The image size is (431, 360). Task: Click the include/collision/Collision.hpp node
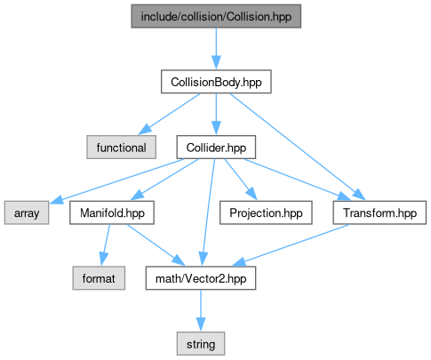click(x=216, y=16)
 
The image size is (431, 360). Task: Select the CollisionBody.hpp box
click(x=216, y=82)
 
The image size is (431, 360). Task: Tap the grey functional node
click(x=122, y=148)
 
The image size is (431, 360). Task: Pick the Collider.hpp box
click(x=216, y=148)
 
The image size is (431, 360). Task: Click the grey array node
click(x=27, y=212)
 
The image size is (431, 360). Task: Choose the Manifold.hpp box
click(x=112, y=212)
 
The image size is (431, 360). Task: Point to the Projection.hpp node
click(x=266, y=212)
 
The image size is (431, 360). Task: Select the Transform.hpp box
click(x=379, y=212)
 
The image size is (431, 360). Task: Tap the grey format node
click(x=99, y=278)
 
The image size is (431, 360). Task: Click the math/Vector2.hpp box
click(x=201, y=278)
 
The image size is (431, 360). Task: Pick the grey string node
click(x=201, y=344)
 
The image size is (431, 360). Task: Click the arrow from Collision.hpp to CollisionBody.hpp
click(x=216, y=49)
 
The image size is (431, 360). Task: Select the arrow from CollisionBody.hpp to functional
click(x=169, y=114)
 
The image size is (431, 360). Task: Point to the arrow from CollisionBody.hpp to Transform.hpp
click(x=298, y=147)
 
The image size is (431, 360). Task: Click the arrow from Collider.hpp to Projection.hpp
click(x=240, y=180)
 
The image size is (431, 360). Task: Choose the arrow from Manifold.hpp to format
click(x=106, y=245)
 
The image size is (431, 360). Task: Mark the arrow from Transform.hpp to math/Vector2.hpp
click(x=291, y=245)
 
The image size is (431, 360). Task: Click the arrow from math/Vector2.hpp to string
click(x=201, y=311)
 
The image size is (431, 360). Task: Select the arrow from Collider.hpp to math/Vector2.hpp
click(x=209, y=212)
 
